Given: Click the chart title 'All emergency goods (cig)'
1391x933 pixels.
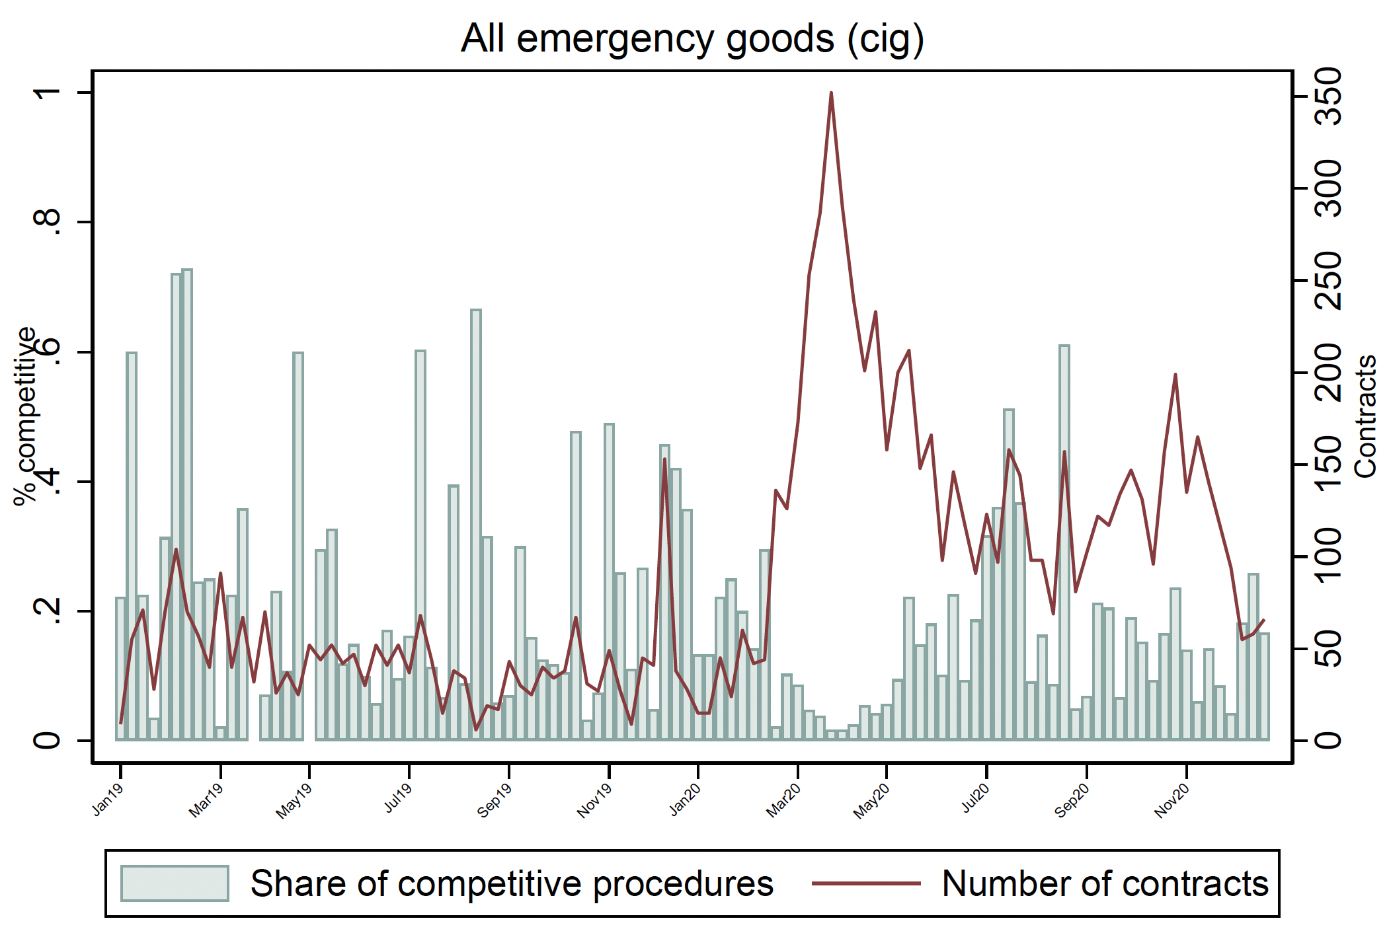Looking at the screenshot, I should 692,38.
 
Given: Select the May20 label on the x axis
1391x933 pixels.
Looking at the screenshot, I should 872,801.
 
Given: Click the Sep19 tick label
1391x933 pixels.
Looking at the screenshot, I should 495,801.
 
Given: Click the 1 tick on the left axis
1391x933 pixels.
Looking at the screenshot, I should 48,93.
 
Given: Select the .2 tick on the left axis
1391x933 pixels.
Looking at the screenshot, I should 48,611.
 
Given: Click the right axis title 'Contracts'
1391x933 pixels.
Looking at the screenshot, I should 1365,416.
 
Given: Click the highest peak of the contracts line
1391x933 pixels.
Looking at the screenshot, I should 831,93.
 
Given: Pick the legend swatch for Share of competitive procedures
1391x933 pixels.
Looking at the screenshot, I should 175,883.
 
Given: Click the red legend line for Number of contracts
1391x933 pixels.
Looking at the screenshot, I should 866,883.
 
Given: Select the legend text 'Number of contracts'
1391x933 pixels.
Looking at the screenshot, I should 1105,883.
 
